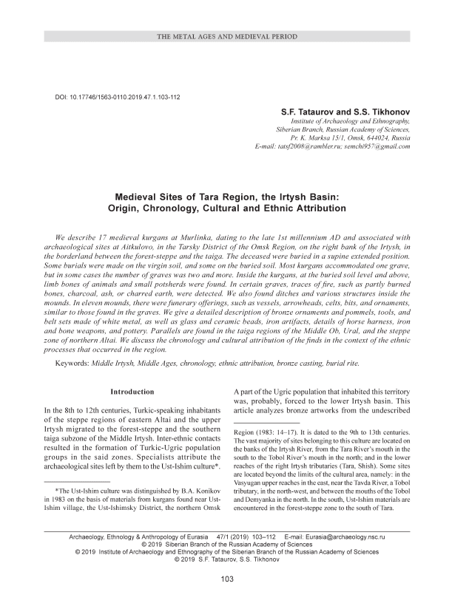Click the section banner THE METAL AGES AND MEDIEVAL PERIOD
pyautogui.click(x=226, y=36)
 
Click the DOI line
pyautogui.click(x=118, y=97)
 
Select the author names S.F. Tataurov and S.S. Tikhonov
pyautogui.click(x=345, y=110)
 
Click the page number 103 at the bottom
pyautogui.click(x=227, y=578)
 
